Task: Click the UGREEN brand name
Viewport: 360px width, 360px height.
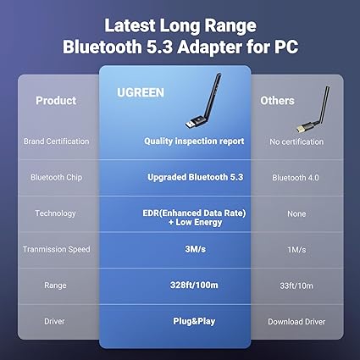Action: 141,92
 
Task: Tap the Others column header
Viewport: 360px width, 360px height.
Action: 277,101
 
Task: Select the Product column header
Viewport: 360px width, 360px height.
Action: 56,101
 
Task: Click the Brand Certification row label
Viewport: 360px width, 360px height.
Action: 56,141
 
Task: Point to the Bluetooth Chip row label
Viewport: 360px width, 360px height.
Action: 56,177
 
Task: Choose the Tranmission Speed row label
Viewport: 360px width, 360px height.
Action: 57,249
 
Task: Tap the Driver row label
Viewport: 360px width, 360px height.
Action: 54,321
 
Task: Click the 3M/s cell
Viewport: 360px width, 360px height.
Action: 195,249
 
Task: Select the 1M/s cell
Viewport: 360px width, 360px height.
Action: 296,250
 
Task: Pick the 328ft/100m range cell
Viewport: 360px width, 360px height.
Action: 194,285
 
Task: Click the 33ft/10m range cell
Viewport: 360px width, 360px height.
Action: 296,285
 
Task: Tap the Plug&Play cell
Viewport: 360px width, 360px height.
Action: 194,321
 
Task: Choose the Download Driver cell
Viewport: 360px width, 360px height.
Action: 296,322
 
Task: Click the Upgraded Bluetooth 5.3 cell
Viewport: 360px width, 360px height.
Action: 196,177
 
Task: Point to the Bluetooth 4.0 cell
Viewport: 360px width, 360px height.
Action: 296,178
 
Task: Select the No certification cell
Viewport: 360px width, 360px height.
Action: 296,141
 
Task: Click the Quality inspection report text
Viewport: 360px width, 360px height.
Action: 194,141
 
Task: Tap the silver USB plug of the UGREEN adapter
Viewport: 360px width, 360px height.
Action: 190,124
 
